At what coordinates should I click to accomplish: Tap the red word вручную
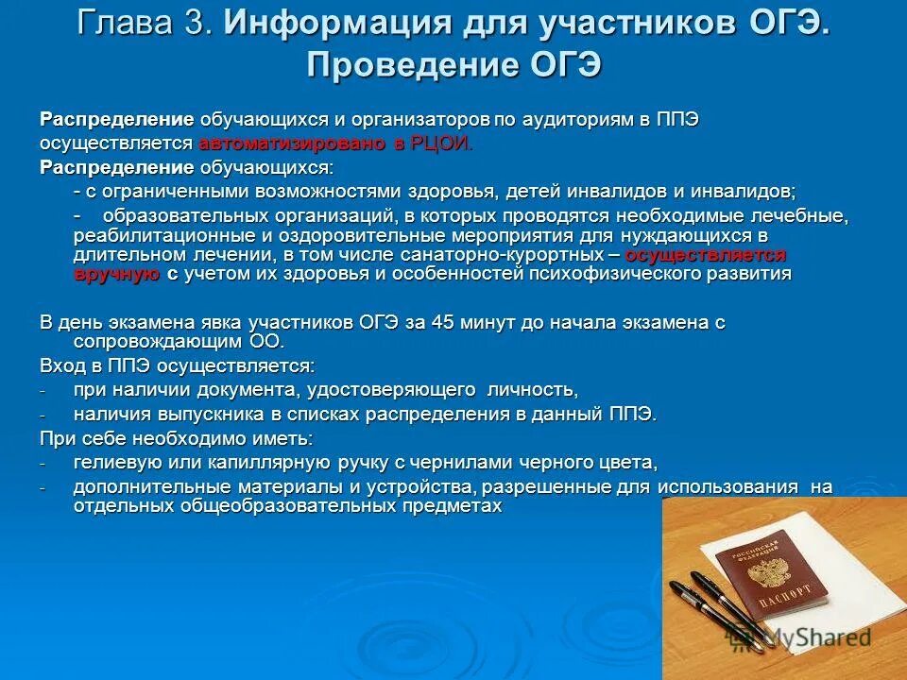(116, 274)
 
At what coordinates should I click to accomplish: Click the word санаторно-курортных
(511, 256)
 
